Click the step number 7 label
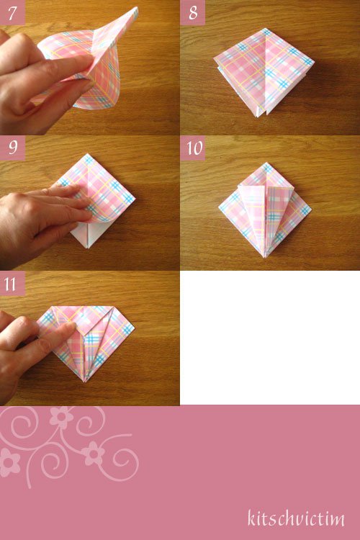(12, 13)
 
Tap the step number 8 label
(193, 13)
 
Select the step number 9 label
(13, 148)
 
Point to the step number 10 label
(194, 148)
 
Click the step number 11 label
(10, 284)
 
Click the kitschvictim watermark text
(296, 518)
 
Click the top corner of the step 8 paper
(264, 29)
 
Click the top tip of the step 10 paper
(266, 163)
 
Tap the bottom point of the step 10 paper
(265, 257)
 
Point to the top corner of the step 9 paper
(88, 154)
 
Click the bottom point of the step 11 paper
(86, 381)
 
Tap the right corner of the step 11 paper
(134, 327)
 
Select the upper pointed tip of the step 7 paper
(137, 7)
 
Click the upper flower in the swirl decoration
(61, 416)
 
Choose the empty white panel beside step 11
(270, 338)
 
